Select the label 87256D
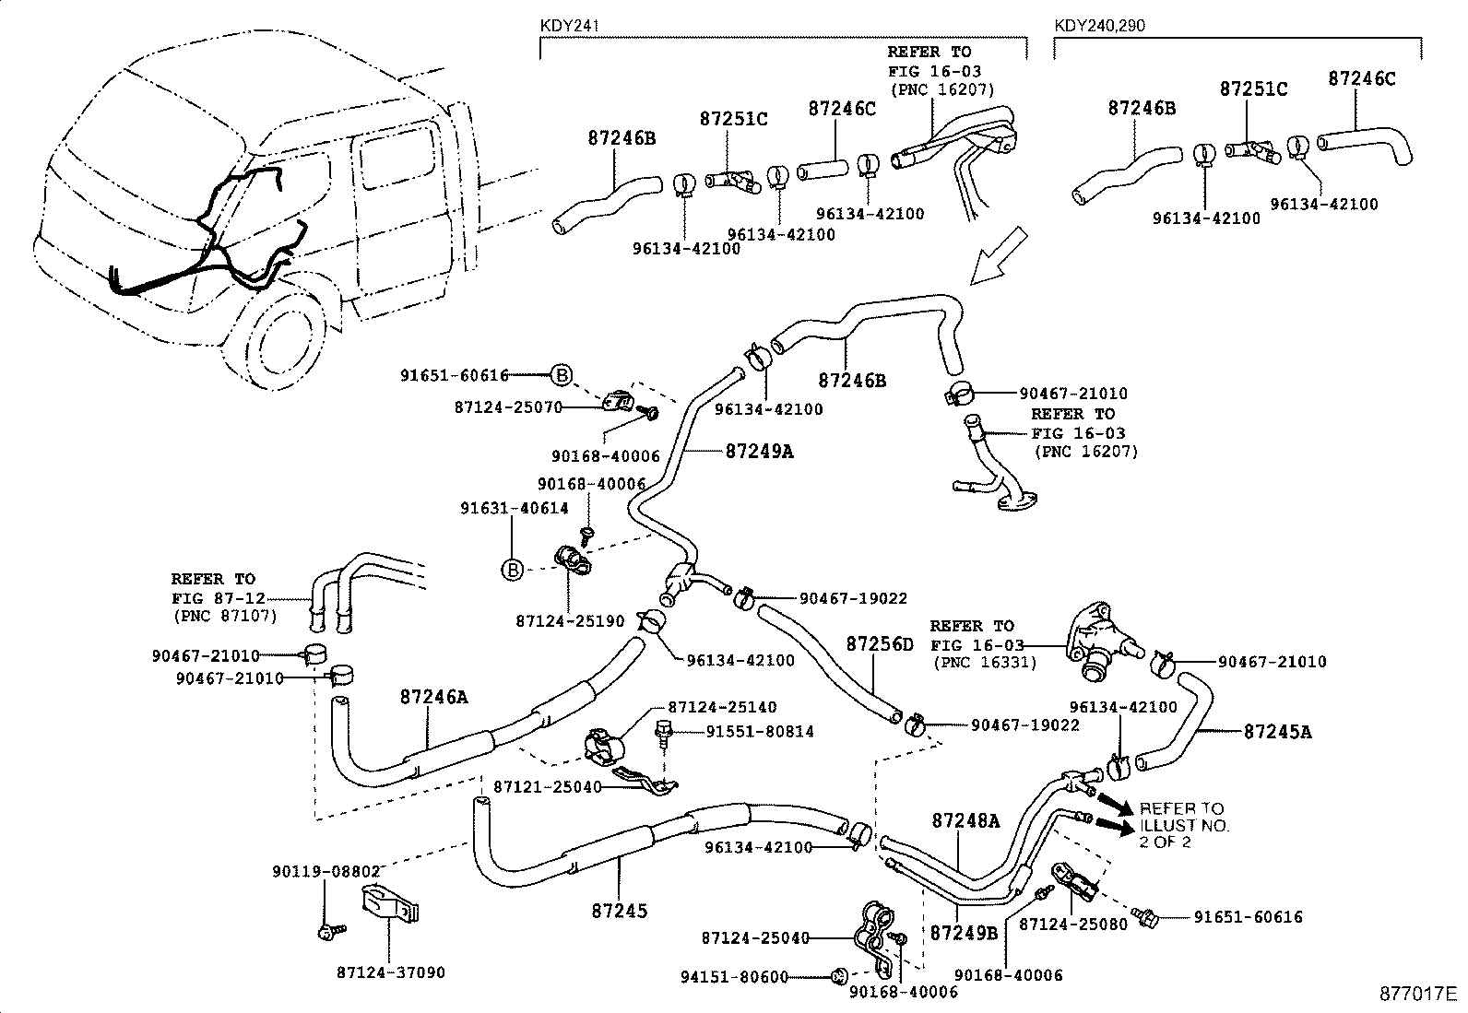(x=879, y=643)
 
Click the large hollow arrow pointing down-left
(x=997, y=255)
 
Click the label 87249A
(x=759, y=452)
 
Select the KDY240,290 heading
(x=1099, y=26)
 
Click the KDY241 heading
(x=570, y=26)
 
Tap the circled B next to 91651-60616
(x=562, y=375)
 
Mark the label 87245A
(x=1277, y=733)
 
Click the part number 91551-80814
(x=760, y=731)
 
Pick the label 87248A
(x=965, y=820)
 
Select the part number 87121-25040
(x=547, y=787)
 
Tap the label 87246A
(x=433, y=698)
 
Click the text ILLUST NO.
(x=1184, y=825)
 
